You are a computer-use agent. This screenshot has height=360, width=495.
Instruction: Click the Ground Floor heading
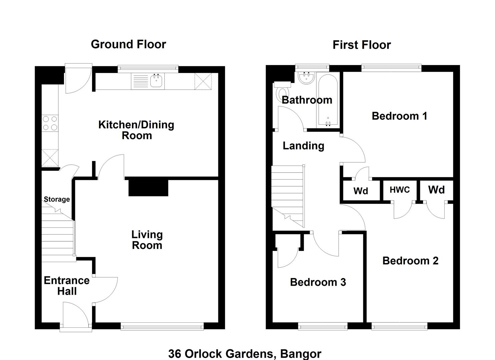pyautogui.click(x=128, y=44)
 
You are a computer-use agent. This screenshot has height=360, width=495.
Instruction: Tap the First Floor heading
pyautogui.click(x=362, y=45)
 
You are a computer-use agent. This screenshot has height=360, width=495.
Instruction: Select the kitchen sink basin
pyautogui.click(x=156, y=81)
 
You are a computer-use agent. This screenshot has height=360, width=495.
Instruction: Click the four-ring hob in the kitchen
pyautogui.click(x=50, y=123)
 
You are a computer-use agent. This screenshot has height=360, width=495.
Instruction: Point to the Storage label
pyautogui.click(x=57, y=199)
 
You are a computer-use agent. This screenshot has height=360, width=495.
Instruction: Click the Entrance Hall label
pyautogui.click(x=67, y=286)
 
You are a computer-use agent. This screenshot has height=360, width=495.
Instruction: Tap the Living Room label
pyautogui.click(x=147, y=240)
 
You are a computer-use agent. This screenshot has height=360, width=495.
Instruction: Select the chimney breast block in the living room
pyautogui.click(x=148, y=188)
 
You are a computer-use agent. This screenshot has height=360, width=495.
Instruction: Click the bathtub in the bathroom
pyautogui.click(x=328, y=101)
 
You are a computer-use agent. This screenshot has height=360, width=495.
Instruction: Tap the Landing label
pyautogui.click(x=303, y=146)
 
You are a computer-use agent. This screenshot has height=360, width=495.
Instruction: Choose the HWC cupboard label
pyautogui.click(x=400, y=190)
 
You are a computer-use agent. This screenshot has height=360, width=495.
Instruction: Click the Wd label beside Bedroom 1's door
pyautogui.click(x=361, y=191)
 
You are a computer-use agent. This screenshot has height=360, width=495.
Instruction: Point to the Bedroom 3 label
pyautogui.click(x=318, y=282)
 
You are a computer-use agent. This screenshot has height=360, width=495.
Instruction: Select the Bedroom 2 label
pyautogui.click(x=410, y=261)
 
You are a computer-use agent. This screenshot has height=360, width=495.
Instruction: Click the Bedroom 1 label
pyautogui.click(x=400, y=116)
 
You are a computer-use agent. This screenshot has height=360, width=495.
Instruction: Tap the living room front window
pyautogui.click(x=162, y=326)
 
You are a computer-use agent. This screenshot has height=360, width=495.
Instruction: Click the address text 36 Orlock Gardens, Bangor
pyautogui.click(x=245, y=354)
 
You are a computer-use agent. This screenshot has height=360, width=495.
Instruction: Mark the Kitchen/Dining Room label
pyautogui.click(x=136, y=130)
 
